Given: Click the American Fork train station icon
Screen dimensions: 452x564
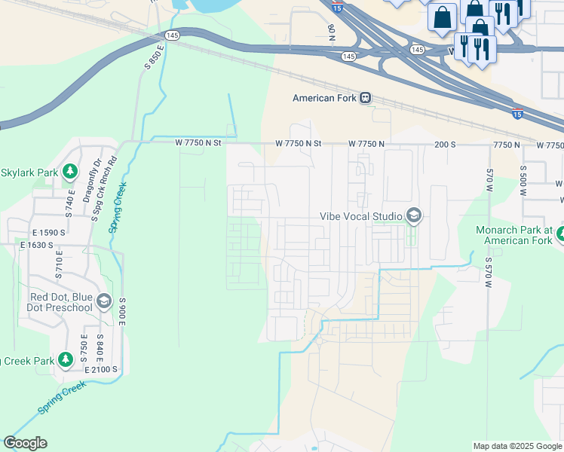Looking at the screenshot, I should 365,98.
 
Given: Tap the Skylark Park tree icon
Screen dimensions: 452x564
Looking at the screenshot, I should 70,173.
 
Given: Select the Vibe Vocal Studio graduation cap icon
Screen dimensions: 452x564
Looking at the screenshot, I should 412,217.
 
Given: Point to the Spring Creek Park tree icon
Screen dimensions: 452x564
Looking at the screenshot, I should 66,361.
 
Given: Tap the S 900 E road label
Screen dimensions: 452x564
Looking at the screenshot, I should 121,310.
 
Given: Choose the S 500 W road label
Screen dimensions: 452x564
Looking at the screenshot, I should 523,179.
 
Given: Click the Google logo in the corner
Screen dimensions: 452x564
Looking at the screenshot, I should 25,443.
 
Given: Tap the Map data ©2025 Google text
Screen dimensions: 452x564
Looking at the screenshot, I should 517,446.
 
